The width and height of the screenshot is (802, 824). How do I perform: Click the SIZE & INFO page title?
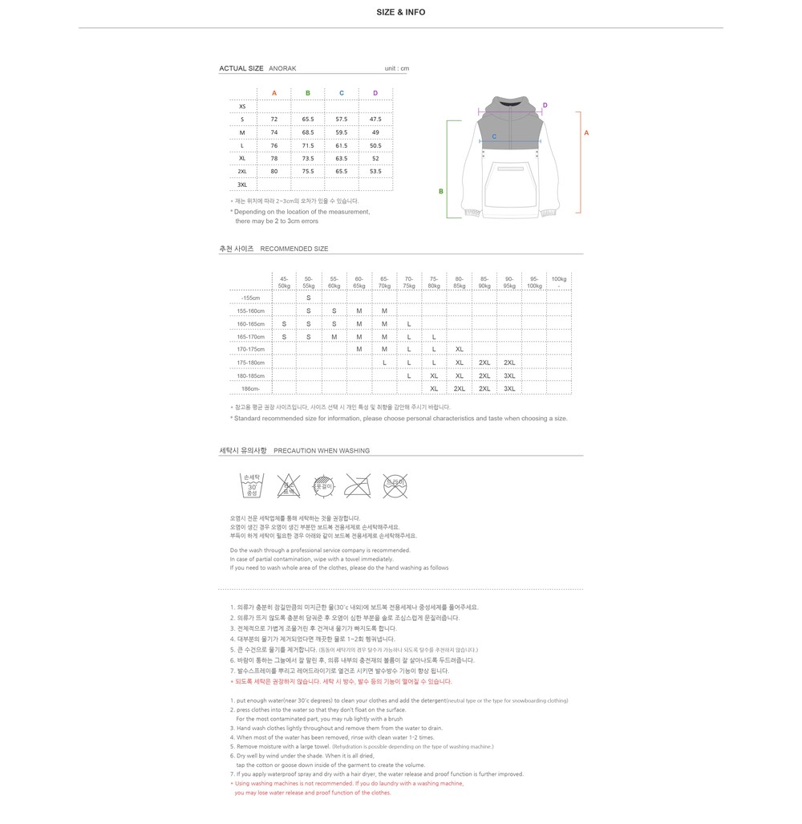tap(401, 12)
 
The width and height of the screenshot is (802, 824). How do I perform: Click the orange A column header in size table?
tap(274, 93)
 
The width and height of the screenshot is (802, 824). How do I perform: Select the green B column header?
tap(308, 93)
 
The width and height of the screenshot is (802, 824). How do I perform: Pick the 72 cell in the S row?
tap(274, 120)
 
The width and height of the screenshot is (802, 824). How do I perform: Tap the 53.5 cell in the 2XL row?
tap(375, 171)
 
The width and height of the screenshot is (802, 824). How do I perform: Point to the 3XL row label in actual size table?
tap(242, 185)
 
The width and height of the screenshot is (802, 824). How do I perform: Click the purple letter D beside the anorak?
tap(545, 105)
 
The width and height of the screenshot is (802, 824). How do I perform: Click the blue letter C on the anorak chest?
tap(494, 136)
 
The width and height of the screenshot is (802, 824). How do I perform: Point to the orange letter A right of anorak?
tap(586, 132)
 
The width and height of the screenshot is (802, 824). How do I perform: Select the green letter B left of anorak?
tap(441, 191)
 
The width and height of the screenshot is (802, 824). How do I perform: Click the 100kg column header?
tap(559, 281)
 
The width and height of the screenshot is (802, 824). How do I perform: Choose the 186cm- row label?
tap(250, 388)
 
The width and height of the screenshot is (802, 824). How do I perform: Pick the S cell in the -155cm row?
tap(309, 298)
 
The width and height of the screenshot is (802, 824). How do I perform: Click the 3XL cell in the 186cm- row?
tap(509, 388)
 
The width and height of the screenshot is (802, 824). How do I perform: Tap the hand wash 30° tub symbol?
tap(251, 485)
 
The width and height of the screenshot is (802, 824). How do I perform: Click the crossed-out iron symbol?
tap(358, 485)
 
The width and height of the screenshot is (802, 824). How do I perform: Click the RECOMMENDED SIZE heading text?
tap(294, 249)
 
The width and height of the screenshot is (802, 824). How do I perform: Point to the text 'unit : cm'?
tap(397, 68)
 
